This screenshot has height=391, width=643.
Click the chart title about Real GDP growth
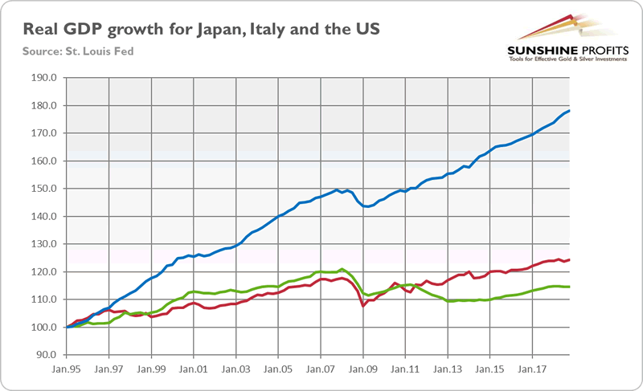point(202,30)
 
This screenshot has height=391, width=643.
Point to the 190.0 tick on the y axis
point(45,78)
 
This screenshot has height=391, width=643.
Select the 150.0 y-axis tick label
point(45,189)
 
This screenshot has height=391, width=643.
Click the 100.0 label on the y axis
point(45,327)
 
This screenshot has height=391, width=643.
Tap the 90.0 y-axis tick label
point(47,354)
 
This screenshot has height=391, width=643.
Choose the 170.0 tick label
point(45,133)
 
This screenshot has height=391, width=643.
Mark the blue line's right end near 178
point(569,111)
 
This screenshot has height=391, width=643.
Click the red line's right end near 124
point(569,259)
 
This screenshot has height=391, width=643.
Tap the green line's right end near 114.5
point(569,287)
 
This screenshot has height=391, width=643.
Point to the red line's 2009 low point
point(362,306)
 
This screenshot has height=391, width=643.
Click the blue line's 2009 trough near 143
point(367,206)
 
